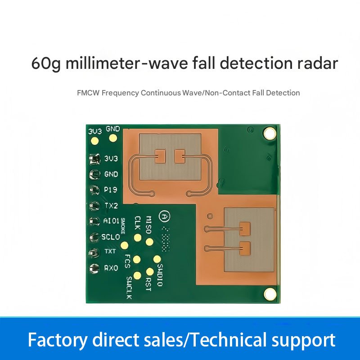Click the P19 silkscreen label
pyautogui.click(x=111, y=189)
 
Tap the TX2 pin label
pyautogui.click(x=111, y=205)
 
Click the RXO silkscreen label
pyautogui.click(x=111, y=268)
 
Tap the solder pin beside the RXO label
pyautogui.click(x=94, y=269)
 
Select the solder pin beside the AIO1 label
pyautogui.click(x=94, y=221)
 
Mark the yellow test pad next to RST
pyautogui.click(x=150, y=272)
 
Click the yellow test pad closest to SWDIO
pyautogui.click(x=157, y=259)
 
